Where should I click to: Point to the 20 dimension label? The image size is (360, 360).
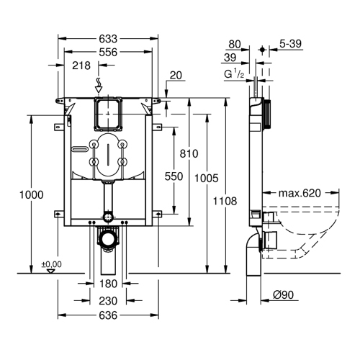(x=176, y=75)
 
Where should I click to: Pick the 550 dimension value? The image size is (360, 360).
(x=173, y=176)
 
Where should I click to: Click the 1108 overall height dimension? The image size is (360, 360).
(x=225, y=202)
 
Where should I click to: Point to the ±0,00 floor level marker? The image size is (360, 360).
(x=51, y=264)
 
